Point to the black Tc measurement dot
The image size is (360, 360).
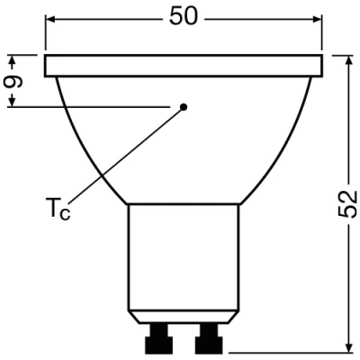tap(183, 107)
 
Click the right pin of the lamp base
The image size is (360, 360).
tap(209, 341)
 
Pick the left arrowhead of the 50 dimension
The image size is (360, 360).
tap(52, 20)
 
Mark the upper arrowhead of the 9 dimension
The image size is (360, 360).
tap(13, 61)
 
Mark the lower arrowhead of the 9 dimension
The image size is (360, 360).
tap(13, 101)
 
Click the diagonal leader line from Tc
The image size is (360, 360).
tap(126, 153)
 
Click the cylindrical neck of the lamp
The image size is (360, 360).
tap(184, 256)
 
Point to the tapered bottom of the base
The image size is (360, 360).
tap(184, 316)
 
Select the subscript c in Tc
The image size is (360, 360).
tap(64, 213)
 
